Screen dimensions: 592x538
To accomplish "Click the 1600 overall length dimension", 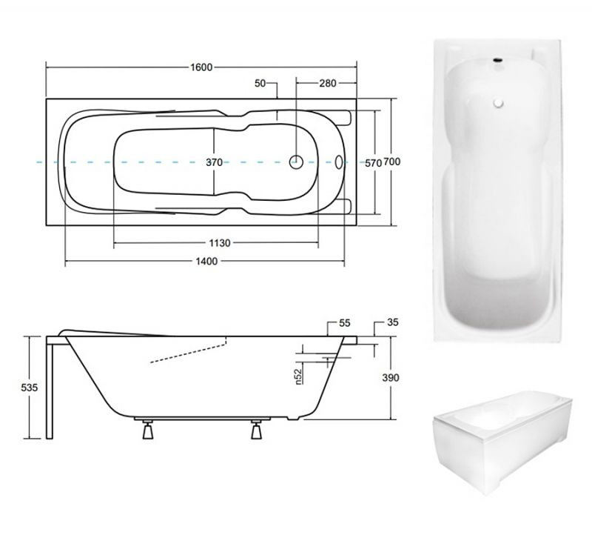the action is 201,67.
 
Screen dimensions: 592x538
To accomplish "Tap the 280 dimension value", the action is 328,83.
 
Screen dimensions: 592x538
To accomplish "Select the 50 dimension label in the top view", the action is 260,83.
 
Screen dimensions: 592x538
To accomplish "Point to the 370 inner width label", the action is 214,162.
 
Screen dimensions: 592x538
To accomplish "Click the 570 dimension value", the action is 373,163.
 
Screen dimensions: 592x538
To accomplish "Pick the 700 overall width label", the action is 392,162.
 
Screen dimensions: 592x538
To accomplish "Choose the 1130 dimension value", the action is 220,243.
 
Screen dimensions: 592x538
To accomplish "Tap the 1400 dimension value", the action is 206,261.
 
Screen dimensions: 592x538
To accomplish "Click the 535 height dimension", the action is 30,387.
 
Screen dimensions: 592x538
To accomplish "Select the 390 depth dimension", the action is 391,378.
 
